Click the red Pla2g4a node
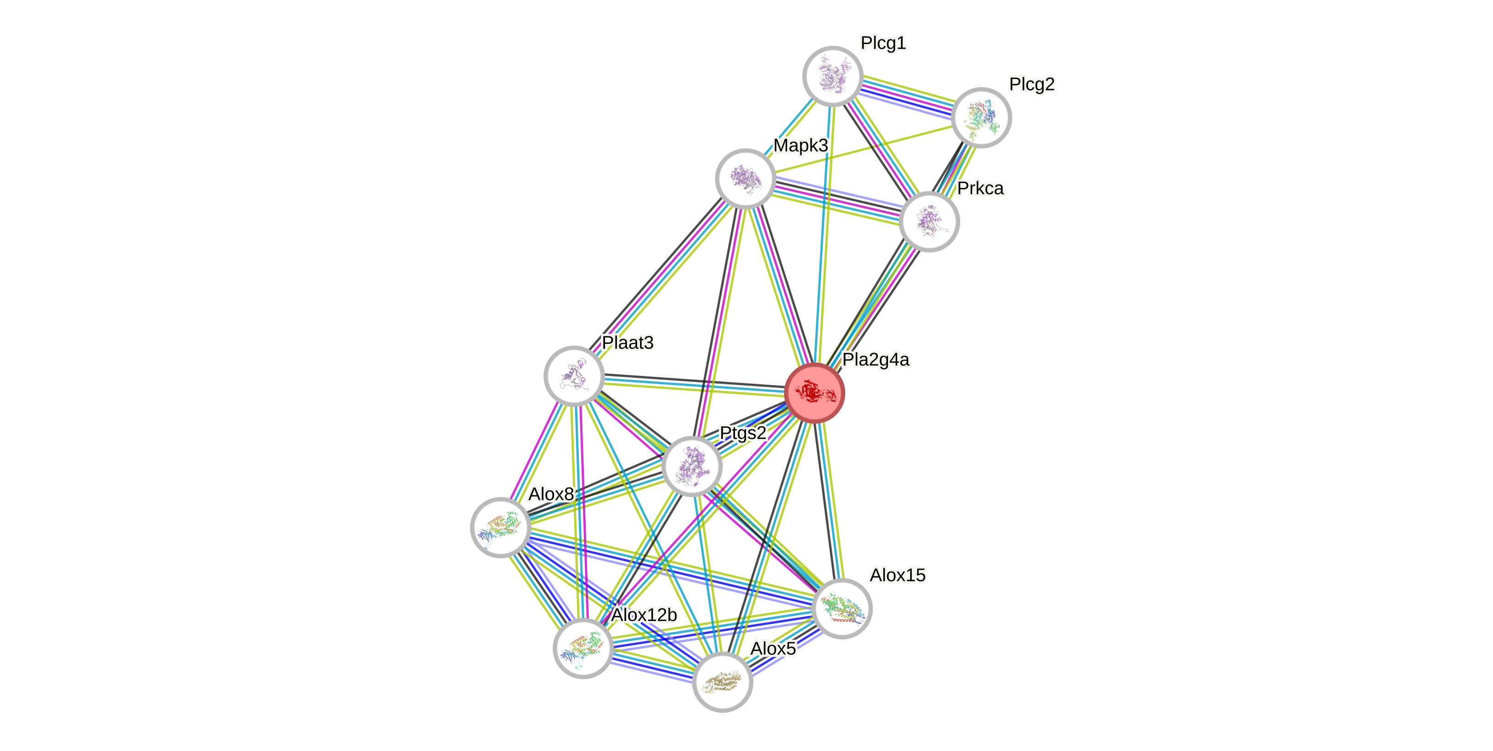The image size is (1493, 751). click(814, 393)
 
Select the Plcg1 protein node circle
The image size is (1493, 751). click(833, 76)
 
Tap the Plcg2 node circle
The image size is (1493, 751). click(981, 117)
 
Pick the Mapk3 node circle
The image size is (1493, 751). click(745, 179)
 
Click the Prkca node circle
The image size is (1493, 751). click(929, 221)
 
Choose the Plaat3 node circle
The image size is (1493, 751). click(574, 376)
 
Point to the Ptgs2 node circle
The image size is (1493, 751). click(692, 466)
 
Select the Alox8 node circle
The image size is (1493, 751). click(501, 527)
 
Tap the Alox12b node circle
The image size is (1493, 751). click(583, 648)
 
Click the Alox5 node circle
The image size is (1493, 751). click(722, 682)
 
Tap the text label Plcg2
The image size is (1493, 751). click(1032, 84)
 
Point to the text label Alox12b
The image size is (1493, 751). click(644, 615)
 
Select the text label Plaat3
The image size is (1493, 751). click(628, 343)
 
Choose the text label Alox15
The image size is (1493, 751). click(897, 575)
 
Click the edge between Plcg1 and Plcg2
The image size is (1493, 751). click(907, 96)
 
